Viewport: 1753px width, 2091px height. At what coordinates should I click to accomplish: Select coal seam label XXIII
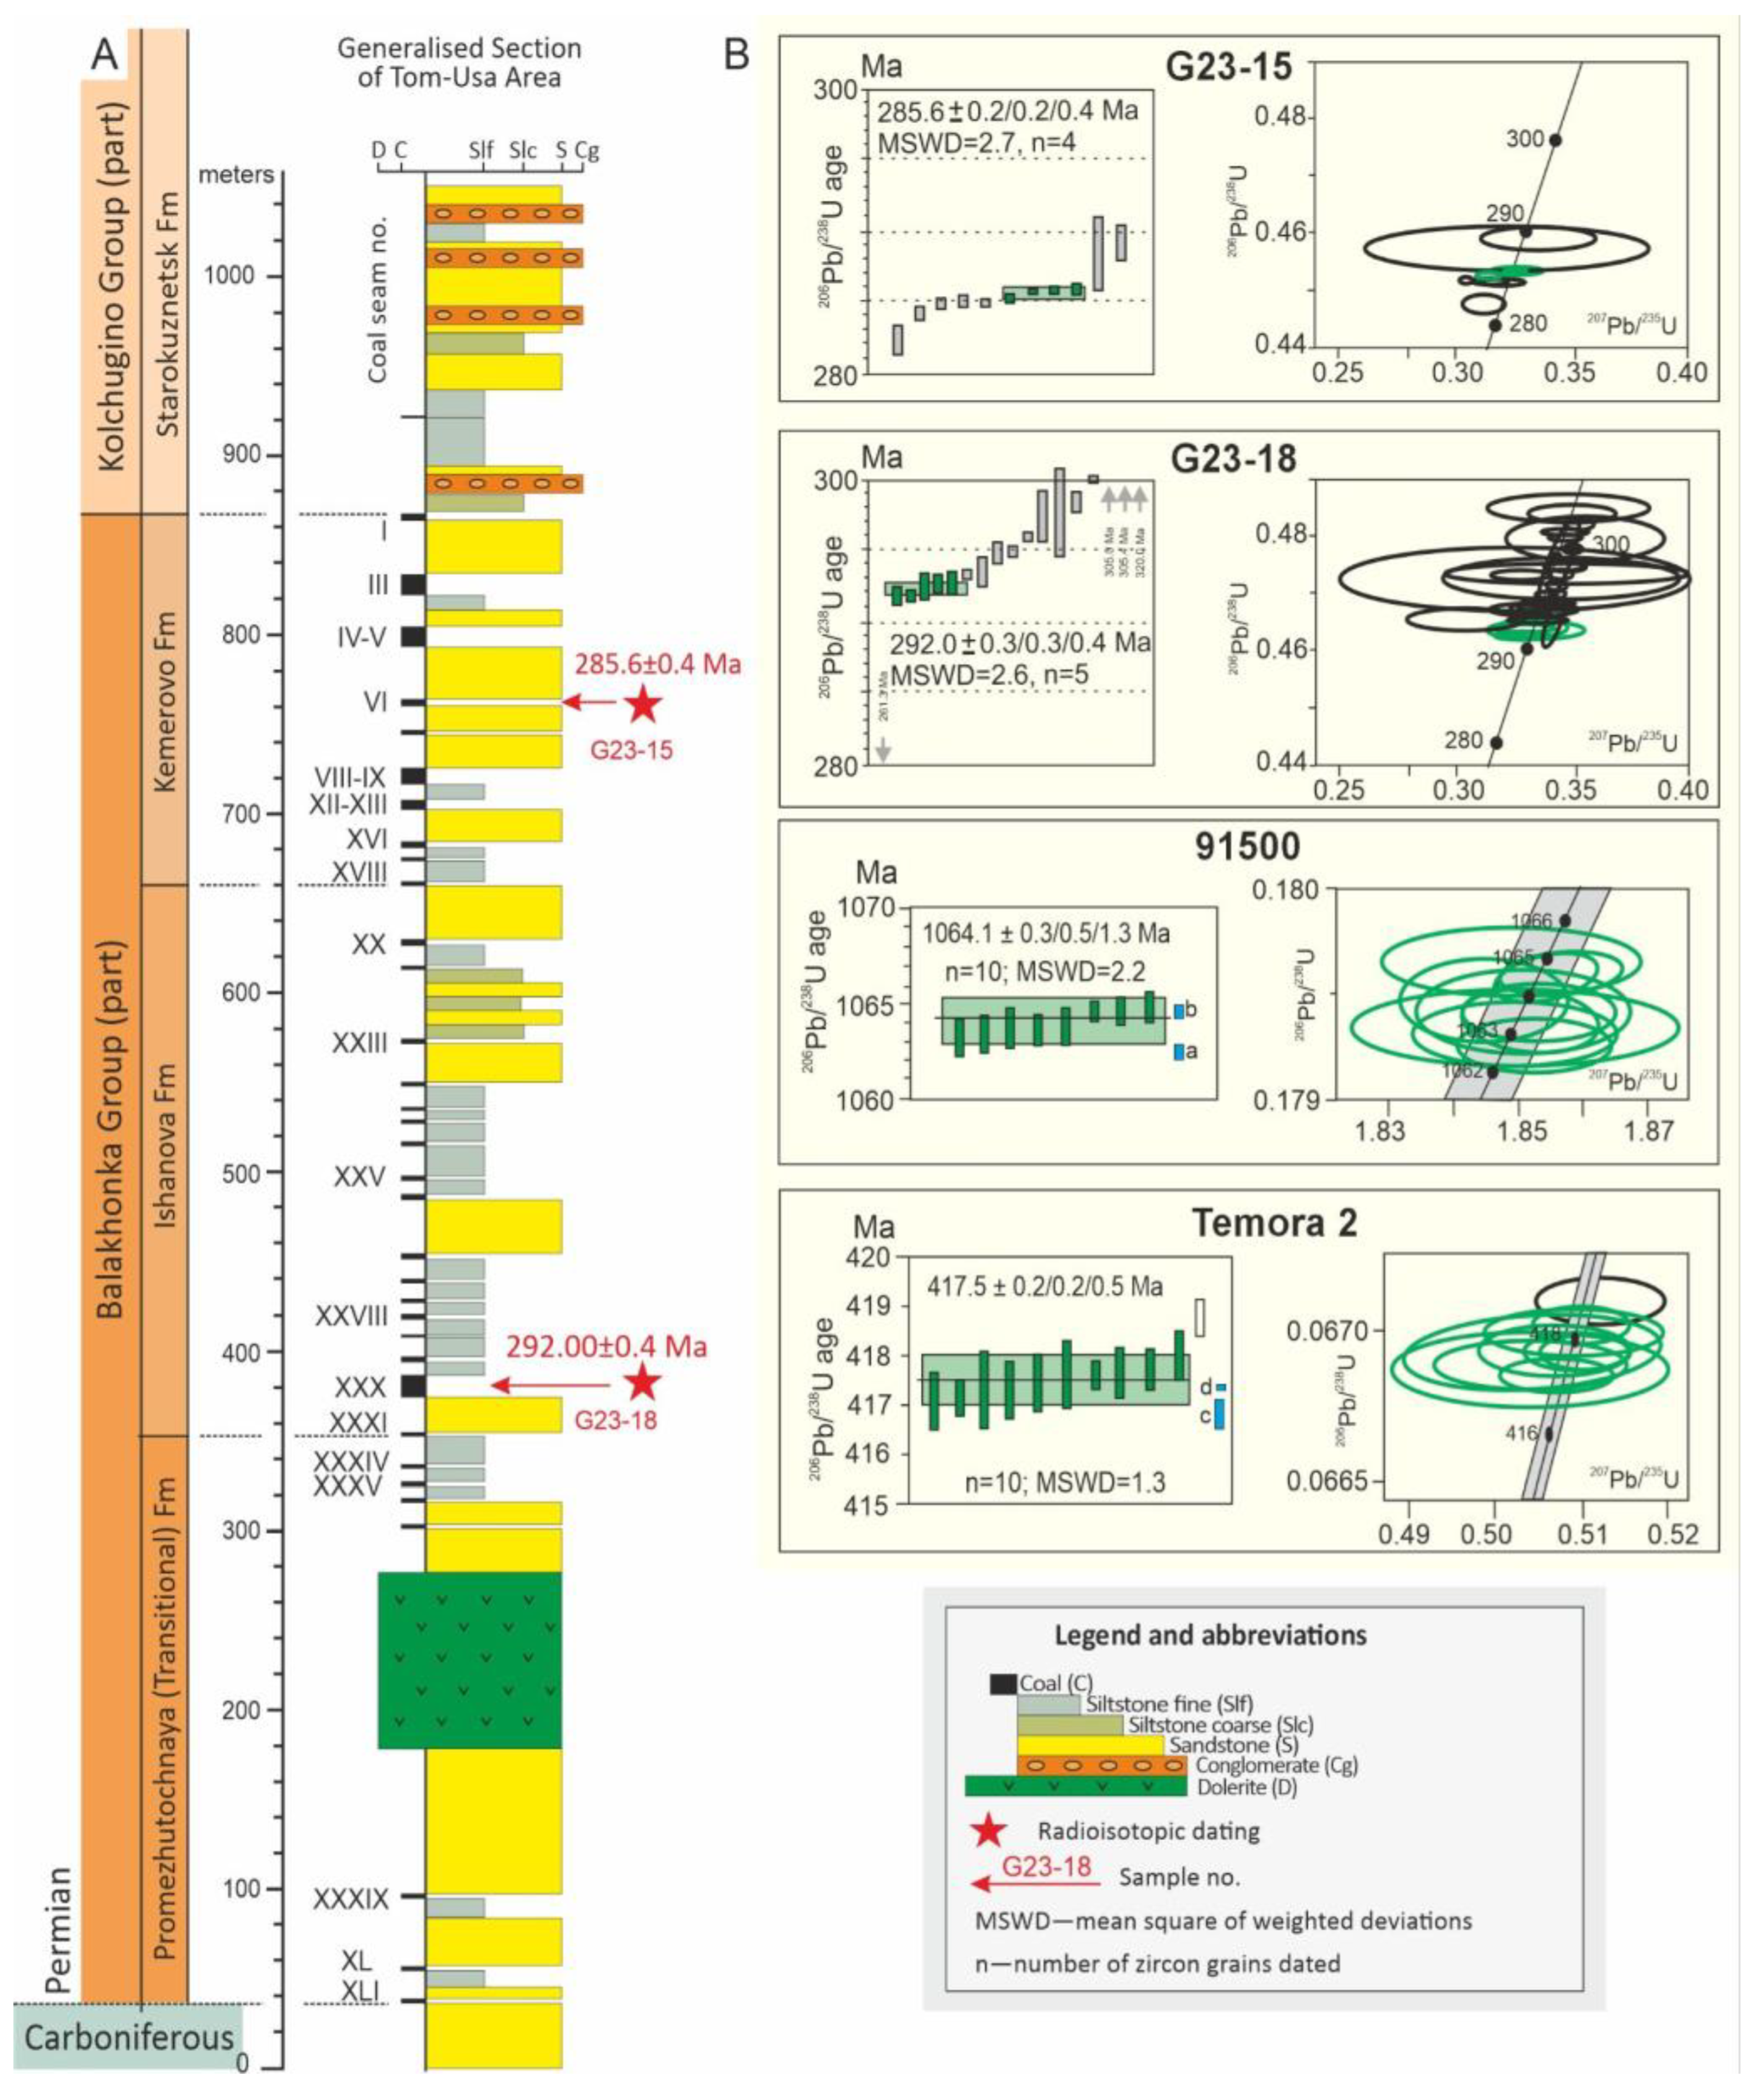pyautogui.click(x=359, y=1042)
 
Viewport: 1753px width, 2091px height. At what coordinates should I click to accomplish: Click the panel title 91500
pyautogui.click(x=1247, y=846)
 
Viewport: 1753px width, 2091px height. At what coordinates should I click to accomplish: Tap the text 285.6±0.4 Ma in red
pyautogui.click(x=657, y=664)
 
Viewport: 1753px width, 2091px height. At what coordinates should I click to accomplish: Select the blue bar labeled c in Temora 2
pyautogui.click(x=1218, y=1414)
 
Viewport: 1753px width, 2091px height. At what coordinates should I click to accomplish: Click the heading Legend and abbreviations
pyautogui.click(x=1210, y=1635)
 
